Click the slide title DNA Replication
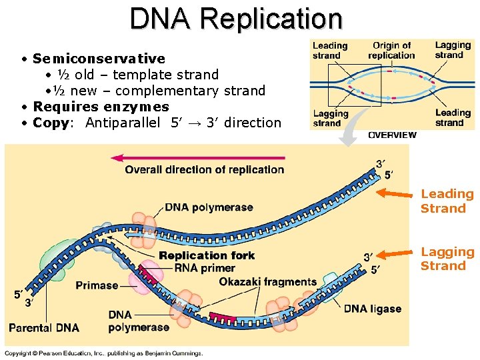[236, 19]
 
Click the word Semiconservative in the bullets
[99, 59]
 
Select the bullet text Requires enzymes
[101, 107]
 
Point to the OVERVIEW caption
[392, 135]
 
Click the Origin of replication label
[391, 50]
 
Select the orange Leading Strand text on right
[447, 201]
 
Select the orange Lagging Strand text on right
[447, 259]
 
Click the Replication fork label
[207, 255]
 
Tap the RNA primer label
[204, 268]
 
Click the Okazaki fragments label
[267, 281]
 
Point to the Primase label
[97, 285]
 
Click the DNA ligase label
[372, 309]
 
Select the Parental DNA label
[44, 327]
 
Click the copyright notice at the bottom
[103, 353]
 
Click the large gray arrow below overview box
[352, 130]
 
